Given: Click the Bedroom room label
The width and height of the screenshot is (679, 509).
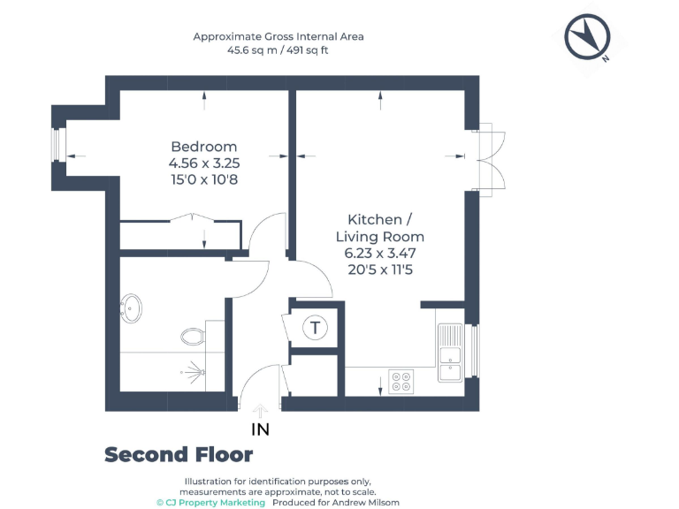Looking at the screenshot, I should [x=204, y=147].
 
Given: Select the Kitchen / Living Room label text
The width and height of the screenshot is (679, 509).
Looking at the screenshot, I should [x=379, y=228].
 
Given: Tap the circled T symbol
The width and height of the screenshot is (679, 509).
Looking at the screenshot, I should [x=315, y=328].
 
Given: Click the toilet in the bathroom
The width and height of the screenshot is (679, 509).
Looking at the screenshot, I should [x=194, y=336].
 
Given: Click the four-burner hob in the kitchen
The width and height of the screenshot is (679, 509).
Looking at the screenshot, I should [x=401, y=380].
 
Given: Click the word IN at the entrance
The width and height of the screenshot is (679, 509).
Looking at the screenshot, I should [x=261, y=430].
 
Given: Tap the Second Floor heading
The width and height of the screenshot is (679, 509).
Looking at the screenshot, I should [x=179, y=455].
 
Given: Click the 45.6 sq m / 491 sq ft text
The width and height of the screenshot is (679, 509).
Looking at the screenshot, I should [x=278, y=50].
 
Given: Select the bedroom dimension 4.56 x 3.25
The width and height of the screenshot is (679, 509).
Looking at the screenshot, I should [x=204, y=163].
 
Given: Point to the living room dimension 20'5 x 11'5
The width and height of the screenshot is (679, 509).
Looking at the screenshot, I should [x=379, y=269].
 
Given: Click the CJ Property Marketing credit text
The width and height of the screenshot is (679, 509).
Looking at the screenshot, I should [x=210, y=502].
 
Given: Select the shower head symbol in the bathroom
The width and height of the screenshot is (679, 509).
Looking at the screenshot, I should [x=196, y=374].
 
